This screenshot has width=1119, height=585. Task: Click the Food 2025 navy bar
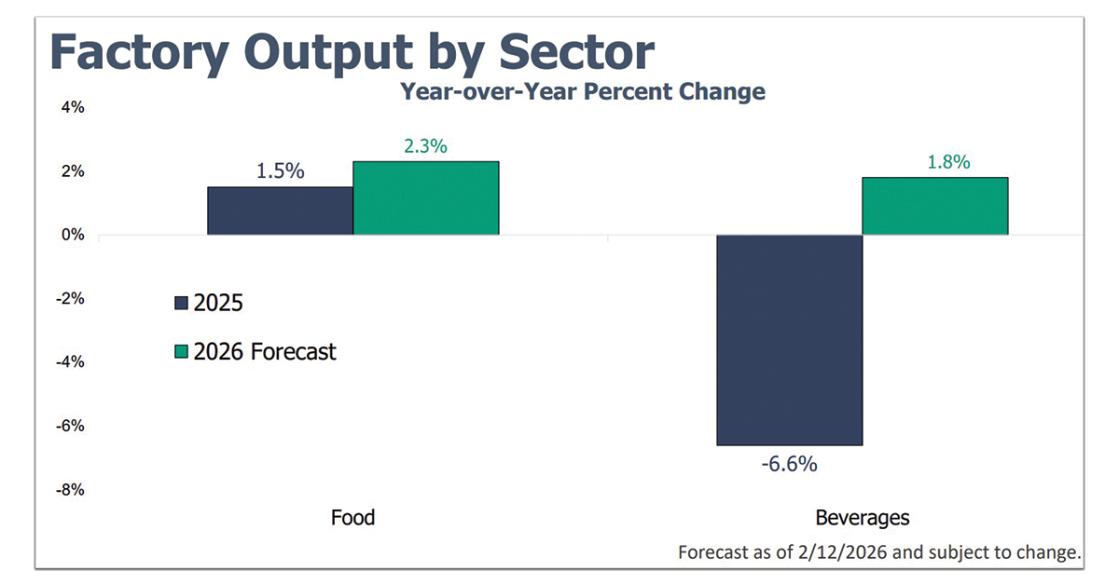coord(280,211)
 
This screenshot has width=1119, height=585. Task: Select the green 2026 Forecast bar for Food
coord(426,197)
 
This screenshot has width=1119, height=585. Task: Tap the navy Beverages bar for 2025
coord(789,340)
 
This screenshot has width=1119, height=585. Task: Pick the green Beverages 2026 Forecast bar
coord(934,206)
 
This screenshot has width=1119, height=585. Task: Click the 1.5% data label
coord(281,172)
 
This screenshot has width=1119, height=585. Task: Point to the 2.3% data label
coord(426,146)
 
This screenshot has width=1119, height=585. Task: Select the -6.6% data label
coord(789,463)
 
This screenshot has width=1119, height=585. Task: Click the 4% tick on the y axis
coord(73,108)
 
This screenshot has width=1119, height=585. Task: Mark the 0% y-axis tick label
coord(73,235)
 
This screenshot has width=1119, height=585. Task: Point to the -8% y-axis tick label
coord(71,489)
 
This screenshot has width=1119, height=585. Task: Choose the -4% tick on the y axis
coord(71,361)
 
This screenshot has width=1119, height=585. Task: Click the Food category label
coord(352,517)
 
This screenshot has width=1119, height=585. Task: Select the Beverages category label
coord(862,517)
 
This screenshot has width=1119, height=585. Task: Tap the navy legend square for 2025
coord(181,303)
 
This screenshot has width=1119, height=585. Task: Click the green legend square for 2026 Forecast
coord(181,352)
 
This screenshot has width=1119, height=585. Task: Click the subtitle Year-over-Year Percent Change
coord(583,91)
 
